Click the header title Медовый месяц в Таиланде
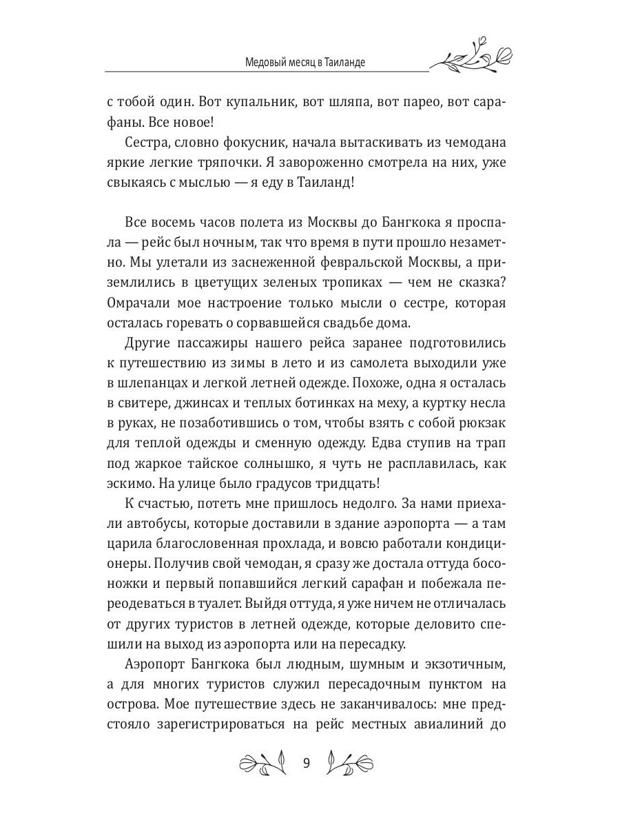305,62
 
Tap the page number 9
307,763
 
